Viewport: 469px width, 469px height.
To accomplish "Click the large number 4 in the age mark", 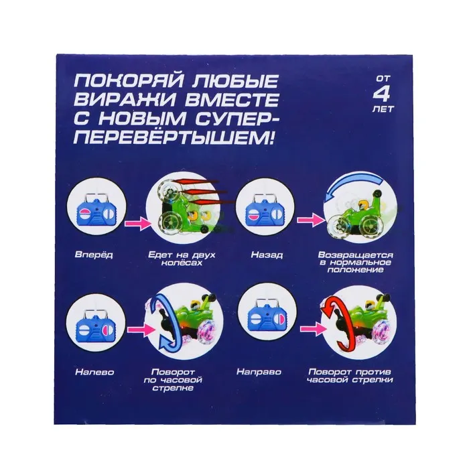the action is pyautogui.click(x=382, y=94).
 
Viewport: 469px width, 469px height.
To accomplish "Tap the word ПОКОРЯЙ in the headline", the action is pyautogui.click(x=128, y=81).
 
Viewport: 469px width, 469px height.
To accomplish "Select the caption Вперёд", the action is pyautogui.click(x=94, y=255).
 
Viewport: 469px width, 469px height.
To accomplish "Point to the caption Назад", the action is pyautogui.click(x=267, y=255).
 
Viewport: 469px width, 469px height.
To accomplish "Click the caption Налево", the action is pyautogui.click(x=94, y=372).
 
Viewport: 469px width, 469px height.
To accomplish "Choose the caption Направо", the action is pyautogui.click(x=259, y=372).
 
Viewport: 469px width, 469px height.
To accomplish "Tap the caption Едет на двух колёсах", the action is pyautogui.click(x=182, y=259).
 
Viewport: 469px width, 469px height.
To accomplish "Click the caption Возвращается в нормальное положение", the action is pyautogui.click(x=355, y=263).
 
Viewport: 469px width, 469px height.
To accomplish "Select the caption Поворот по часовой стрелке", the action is pyautogui.click(x=173, y=380).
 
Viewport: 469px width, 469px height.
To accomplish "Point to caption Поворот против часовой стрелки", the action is pyautogui.click(x=350, y=376).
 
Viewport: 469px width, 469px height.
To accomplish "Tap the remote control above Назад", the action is pyautogui.click(x=265, y=212).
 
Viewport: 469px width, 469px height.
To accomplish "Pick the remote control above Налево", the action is pyautogui.click(x=96, y=329).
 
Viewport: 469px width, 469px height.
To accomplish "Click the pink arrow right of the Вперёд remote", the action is pyautogui.click(x=137, y=223).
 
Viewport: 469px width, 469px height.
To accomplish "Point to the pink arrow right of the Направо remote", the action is pyautogui.click(x=312, y=329).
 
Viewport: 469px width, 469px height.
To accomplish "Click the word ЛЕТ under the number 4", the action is pyautogui.click(x=383, y=109).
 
